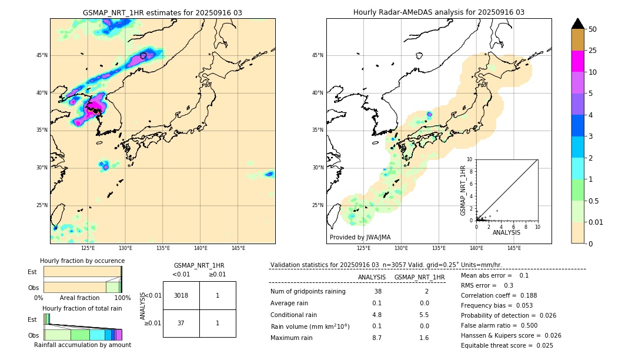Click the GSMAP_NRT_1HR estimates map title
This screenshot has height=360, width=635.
(x=162, y=12)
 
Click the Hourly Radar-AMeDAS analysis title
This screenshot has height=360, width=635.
(x=439, y=12)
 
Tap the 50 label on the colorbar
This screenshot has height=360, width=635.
(x=593, y=29)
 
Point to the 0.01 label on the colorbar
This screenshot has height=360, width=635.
(x=596, y=222)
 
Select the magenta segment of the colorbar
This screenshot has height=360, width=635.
(x=577, y=61)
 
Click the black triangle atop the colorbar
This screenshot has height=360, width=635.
(x=577, y=24)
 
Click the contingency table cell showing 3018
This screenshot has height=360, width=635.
(x=181, y=295)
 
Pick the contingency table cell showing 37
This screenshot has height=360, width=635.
(x=181, y=323)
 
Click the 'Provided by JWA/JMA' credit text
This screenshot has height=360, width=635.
(x=360, y=237)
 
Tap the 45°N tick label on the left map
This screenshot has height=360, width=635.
(x=42, y=55)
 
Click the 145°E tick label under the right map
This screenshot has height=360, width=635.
(x=514, y=248)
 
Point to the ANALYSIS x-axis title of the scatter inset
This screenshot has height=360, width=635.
(x=506, y=232)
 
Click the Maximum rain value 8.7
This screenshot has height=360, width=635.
(x=377, y=338)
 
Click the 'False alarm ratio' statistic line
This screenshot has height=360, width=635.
(x=498, y=325)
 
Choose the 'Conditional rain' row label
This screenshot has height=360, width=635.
(x=295, y=314)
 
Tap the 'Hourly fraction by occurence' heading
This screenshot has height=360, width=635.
(x=82, y=261)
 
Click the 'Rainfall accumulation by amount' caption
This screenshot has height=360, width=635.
(x=82, y=345)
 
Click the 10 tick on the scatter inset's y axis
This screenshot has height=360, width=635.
(x=470, y=159)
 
